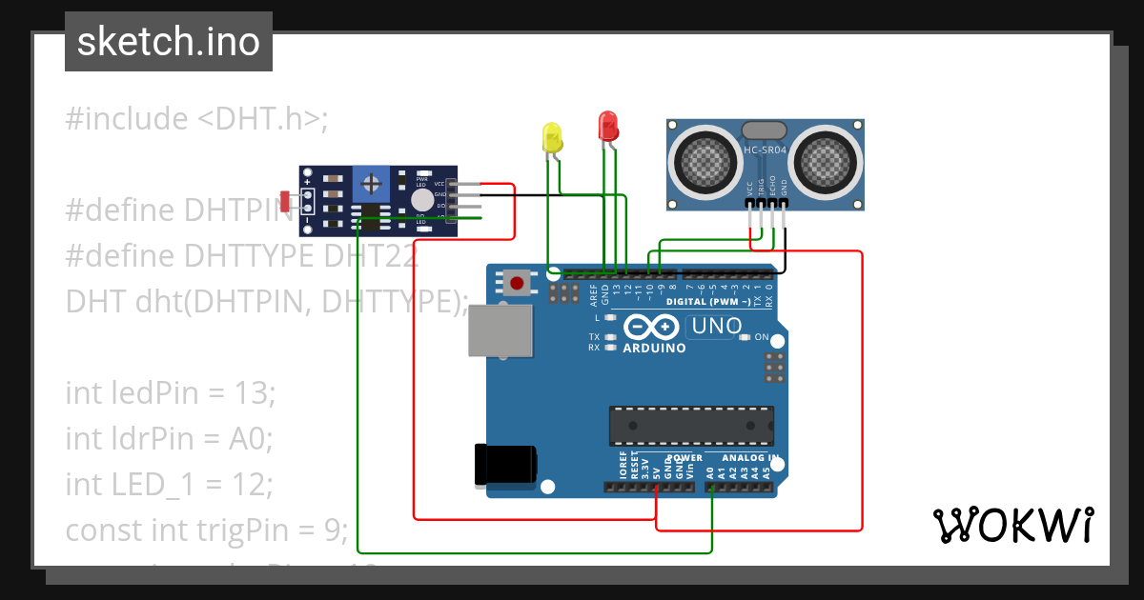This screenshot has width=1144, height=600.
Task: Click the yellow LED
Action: pyautogui.click(x=552, y=139)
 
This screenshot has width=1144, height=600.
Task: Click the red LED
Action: pyautogui.click(x=607, y=127)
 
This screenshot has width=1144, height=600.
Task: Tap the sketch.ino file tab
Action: pyautogui.click(x=169, y=42)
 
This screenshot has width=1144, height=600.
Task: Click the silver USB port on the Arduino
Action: pyautogui.click(x=500, y=330)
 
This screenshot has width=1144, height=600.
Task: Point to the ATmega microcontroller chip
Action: pyautogui.click(x=691, y=425)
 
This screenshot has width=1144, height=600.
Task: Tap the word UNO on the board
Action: pyautogui.click(x=716, y=327)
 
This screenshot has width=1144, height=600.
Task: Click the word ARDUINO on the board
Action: pyautogui.click(x=654, y=349)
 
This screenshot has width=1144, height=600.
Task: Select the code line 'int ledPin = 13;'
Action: pyautogui.click(x=170, y=392)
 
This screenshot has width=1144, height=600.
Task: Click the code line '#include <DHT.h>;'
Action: pyautogui.click(x=196, y=119)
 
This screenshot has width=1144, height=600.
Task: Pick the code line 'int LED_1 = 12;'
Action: pyautogui.click(x=169, y=484)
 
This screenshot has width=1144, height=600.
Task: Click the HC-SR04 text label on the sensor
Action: pyautogui.click(x=766, y=150)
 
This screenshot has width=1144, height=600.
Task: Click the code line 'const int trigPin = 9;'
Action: pyautogui.click(x=206, y=529)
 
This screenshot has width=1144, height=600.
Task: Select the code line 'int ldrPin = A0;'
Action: pyautogui.click(x=169, y=438)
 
